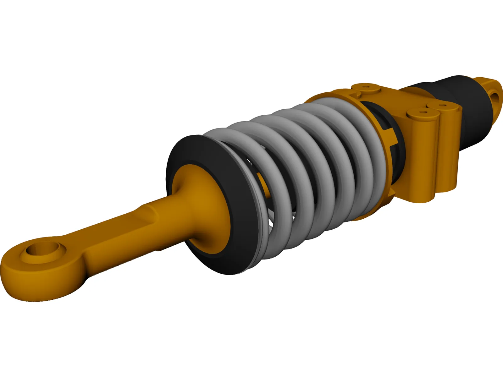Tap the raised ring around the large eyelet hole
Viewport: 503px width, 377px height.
tap(60, 249)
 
